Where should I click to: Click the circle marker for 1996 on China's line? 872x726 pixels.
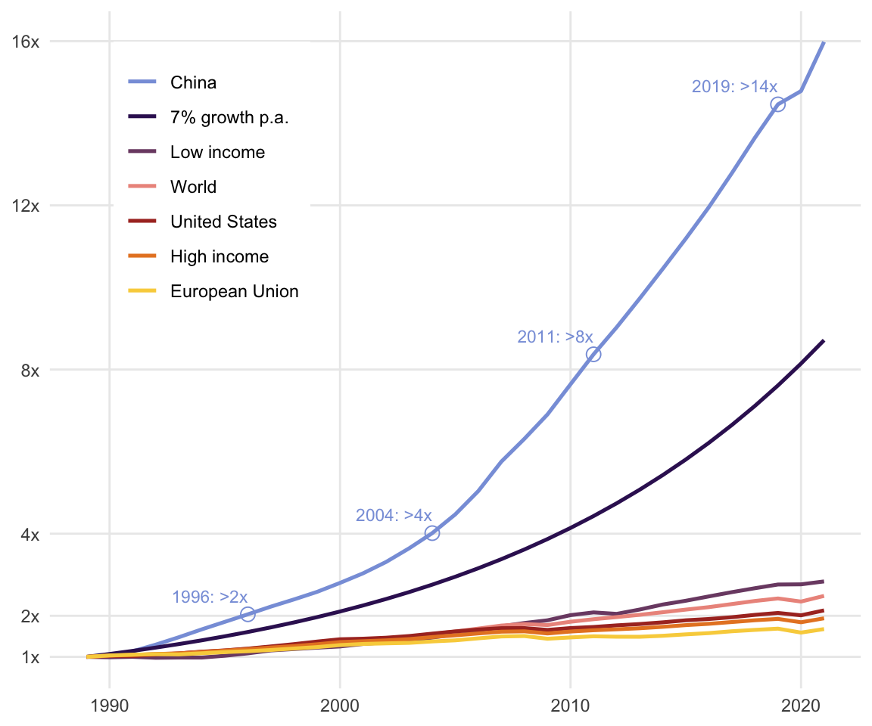pyautogui.click(x=248, y=614)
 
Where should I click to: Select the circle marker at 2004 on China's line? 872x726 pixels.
pyautogui.click(x=432, y=532)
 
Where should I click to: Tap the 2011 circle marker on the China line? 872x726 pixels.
pyautogui.click(x=593, y=354)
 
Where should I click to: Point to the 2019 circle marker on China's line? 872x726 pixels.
pyautogui.click(x=777, y=104)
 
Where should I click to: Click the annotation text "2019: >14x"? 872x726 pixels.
pyautogui.click(x=734, y=87)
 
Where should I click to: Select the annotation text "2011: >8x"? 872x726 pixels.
pyautogui.click(x=555, y=337)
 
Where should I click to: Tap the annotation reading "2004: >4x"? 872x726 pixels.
pyautogui.click(x=394, y=515)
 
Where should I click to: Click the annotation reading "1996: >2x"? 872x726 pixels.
pyautogui.click(x=210, y=597)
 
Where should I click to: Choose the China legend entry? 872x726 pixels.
pyautogui.click(x=193, y=82)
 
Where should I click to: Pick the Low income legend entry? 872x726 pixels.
pyautogui.click(x=217, y=152)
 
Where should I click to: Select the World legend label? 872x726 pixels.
pyautogui.click(x=193, y=187)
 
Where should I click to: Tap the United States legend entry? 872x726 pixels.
pyautogui.click(x=223, y=222)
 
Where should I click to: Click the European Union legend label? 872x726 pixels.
pyautogui.click(x=234, y=291)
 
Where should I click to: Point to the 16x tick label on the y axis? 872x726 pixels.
pyautogui.click(x=26, y=42)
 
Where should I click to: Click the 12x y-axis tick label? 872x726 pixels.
pyautogui.click(x=26, y=205)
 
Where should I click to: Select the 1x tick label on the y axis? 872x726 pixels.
pyautogui.click(x=30, y=656)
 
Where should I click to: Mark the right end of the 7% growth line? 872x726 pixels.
pyautogui.click(x=824, y=341)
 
